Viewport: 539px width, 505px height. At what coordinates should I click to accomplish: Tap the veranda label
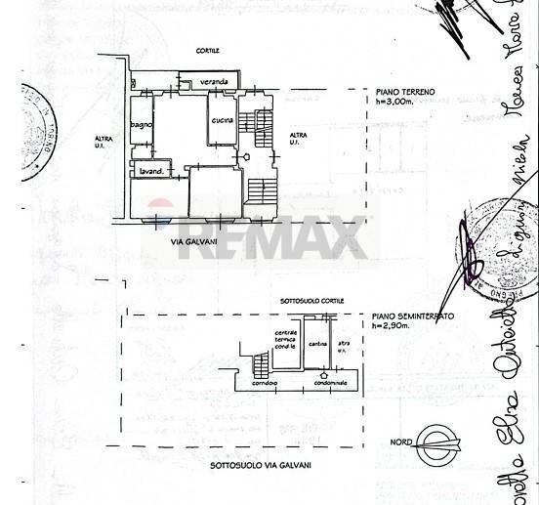[215, 81]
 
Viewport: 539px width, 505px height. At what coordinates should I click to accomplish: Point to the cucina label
[221, 120]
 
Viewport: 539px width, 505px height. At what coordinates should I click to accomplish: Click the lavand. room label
[150, 171]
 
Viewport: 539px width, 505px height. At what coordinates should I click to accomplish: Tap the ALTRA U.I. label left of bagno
[104, 142]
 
